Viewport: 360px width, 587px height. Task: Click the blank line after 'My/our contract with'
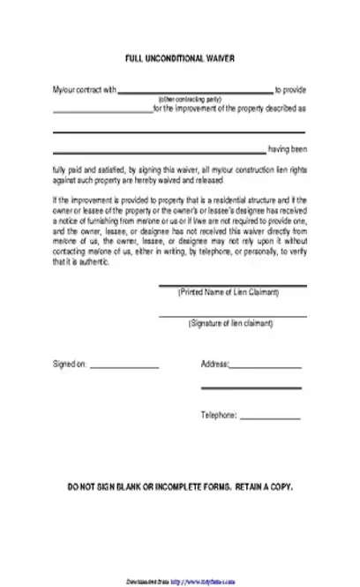pyautogui.click(x=195, y=92)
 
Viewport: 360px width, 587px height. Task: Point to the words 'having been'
pyautogui.click(x=286, y=150)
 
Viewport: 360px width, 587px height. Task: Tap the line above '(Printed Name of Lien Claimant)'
pyautogui.click(x=232, y=286)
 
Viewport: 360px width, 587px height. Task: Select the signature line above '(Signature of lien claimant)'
pyautogui.click(x=232, y=316)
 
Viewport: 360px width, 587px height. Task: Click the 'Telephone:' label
pyautogui.click(x=218, y=415)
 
